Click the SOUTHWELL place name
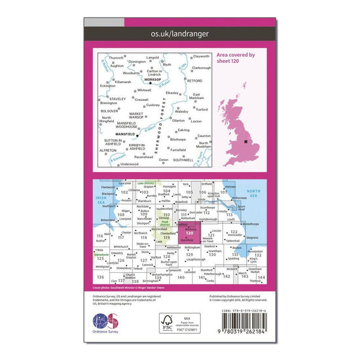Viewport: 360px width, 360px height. (x=184, y=159)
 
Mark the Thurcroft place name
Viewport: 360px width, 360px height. (x=117, y=57)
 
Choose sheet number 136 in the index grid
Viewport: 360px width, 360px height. (x=99, y=277)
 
